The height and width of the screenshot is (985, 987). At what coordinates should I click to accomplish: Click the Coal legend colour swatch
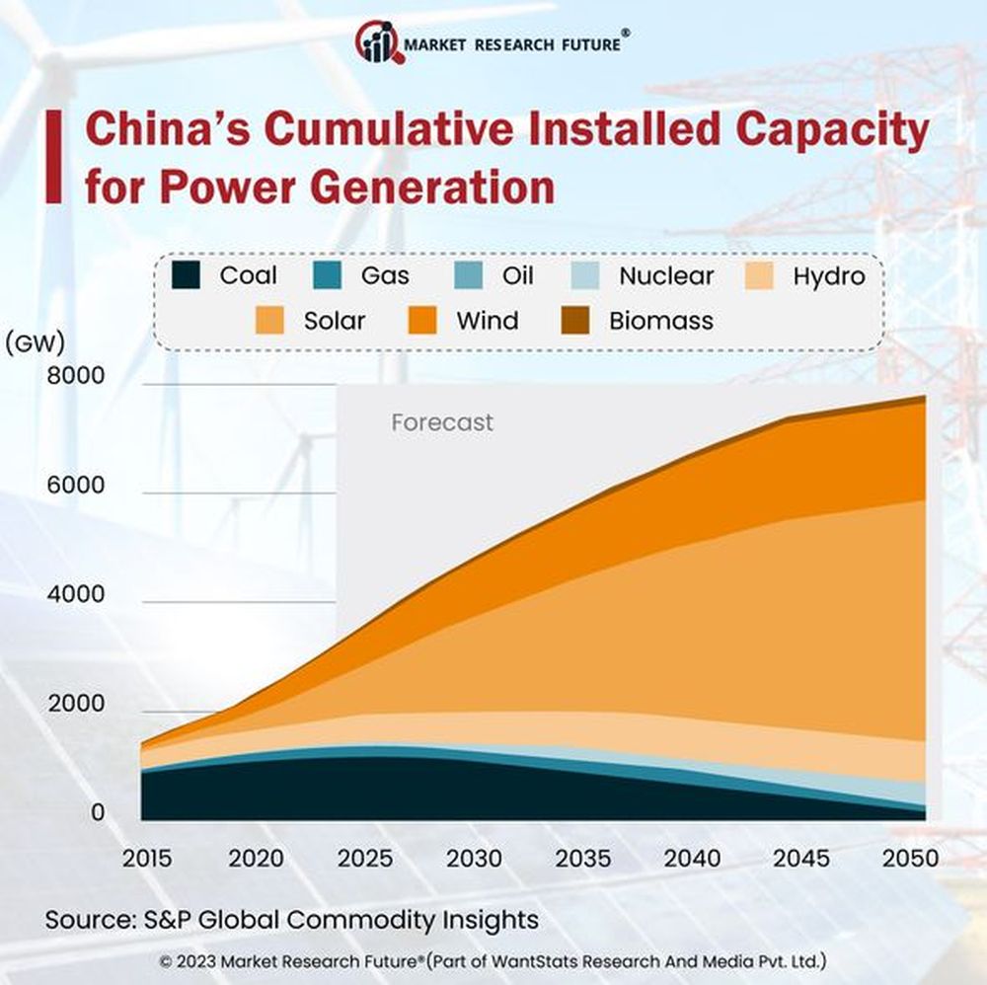[186, 275]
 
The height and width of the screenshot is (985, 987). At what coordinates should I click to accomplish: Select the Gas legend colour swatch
[327, 275]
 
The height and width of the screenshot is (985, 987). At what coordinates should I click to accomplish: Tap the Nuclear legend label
[665, 275]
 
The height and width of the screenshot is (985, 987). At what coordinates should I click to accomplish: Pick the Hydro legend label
[828, 275]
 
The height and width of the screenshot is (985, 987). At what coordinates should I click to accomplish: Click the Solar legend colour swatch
[269, 321]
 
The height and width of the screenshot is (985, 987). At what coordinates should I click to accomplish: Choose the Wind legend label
[487, 321]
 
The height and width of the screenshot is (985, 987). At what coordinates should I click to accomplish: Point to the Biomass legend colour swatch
[575, 321]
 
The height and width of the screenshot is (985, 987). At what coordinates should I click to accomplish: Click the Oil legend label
[517, 275]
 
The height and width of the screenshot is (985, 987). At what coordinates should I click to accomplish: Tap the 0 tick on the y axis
[98, 812]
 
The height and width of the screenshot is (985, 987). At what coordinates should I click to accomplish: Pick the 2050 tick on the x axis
[909, 858]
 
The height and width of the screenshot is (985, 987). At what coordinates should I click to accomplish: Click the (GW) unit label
[36, 343]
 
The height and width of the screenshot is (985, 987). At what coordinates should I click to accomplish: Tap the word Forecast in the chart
[441, 422]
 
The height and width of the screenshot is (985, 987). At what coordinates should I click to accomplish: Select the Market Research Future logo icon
[379, 41]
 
